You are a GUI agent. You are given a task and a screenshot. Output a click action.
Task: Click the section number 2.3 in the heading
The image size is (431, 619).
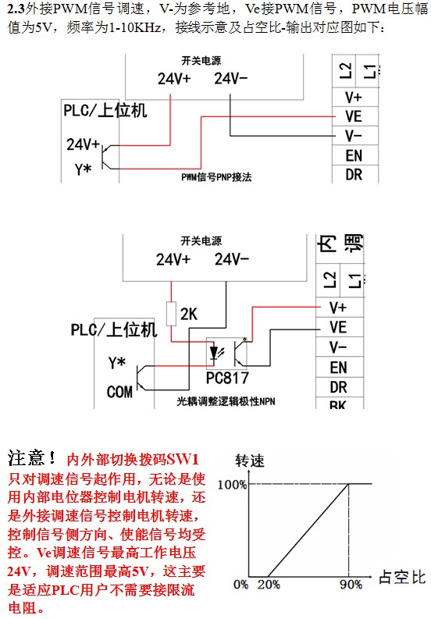[15, 9]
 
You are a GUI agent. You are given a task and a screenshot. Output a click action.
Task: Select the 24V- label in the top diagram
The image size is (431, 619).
[231, 80]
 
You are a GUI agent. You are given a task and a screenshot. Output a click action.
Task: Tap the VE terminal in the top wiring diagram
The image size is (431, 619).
[353, 116]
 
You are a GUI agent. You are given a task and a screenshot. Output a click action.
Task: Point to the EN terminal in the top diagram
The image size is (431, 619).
[353, 155]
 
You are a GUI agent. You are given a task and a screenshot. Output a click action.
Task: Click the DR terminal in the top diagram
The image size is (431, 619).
[353, 174]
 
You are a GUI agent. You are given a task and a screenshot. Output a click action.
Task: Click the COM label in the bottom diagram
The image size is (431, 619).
[119, 392]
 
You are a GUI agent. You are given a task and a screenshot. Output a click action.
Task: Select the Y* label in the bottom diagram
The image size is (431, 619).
[117, 364]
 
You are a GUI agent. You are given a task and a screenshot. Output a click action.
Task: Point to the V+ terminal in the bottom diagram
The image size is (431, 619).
[338, 308]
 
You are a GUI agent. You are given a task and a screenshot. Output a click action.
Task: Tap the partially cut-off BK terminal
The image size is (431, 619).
[338, 405]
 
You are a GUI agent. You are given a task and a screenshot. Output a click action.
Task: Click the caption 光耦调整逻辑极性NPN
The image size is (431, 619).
[226, 401]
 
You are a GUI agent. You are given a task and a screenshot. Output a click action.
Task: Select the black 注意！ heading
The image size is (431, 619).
[32, 457]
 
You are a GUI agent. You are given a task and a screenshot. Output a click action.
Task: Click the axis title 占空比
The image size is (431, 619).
[401, 578]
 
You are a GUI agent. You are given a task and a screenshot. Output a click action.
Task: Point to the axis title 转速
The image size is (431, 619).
[250, 459]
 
